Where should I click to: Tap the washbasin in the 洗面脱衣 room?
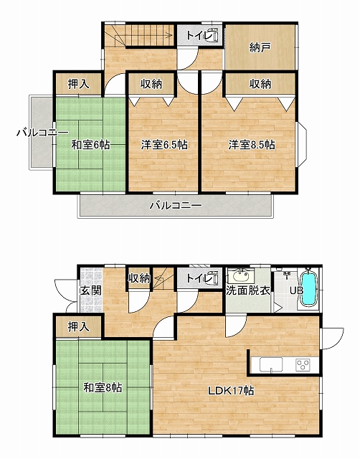coord(242,275)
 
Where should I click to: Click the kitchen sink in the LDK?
coord(271,365)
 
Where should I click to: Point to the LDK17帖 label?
coord(231,391)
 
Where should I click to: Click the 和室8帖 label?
coord(103,387)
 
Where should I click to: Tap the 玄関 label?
coord(91,290)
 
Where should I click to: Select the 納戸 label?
coord(260,47)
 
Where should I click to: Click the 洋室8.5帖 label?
coord(252,145)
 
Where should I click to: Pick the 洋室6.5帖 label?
coord(164,145)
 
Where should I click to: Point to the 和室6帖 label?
coord(91,145)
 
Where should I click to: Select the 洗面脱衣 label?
coord(248,290)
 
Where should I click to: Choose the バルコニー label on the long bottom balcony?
coord(176,206)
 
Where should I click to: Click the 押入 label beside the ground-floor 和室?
coord(78,327)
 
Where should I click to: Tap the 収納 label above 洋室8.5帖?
coord(260,84)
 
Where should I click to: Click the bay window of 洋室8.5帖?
coord(303,145)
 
